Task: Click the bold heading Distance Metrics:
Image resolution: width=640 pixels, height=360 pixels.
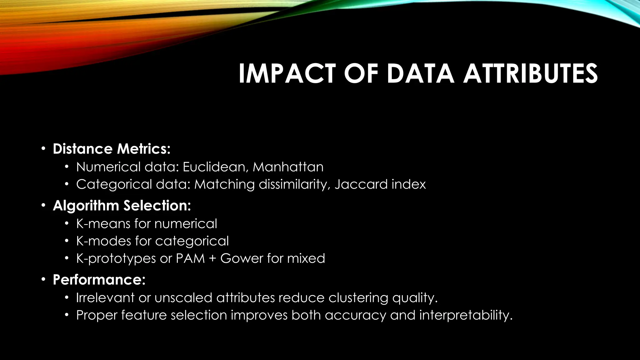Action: pos(112,149)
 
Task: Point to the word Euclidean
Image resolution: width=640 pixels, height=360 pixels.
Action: pos(216,167)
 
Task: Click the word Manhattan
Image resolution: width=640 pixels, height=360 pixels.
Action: pos(288,167)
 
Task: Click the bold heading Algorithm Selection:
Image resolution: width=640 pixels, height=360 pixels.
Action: pos(122,206)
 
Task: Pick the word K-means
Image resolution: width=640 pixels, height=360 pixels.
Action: pos(103,224)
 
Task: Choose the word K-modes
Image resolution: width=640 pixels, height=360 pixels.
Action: pos(103,241)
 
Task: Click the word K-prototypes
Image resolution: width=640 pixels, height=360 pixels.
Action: pos(116,258)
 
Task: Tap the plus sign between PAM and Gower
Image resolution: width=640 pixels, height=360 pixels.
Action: pos(212,259)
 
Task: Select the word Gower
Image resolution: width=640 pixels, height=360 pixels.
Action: pos(241,258)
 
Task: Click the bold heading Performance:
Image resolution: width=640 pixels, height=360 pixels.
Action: pos(99,279)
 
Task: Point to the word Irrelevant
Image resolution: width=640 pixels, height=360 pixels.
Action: pos(105,297)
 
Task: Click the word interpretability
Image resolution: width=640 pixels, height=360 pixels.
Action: pos(466,315)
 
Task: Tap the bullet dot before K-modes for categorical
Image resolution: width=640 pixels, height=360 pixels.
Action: pos(66,241)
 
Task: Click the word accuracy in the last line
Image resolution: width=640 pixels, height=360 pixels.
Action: pos(355,315)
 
